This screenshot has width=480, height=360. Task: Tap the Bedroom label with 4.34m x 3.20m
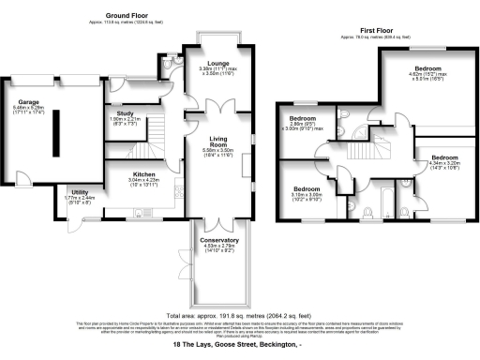[x=443, y=157]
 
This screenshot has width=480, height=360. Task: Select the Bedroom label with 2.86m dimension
[x=305, y=119]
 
